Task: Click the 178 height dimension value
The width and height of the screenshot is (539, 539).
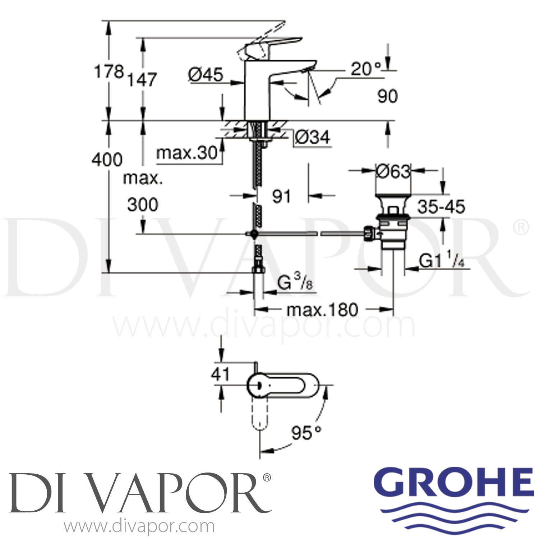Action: [109, 72]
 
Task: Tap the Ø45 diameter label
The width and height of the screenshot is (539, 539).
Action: [206, 75]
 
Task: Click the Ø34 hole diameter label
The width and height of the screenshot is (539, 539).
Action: [312, 137]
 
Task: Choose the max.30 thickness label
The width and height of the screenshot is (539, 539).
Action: [187, 153]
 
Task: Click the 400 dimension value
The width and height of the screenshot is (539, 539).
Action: [107, 159]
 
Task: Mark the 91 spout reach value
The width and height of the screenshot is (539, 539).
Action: [281, 196]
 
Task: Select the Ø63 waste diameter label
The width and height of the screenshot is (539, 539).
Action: [393, 171]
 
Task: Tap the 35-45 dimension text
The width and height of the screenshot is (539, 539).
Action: [442, 207]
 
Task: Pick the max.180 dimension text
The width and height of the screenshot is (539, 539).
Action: [322, 309]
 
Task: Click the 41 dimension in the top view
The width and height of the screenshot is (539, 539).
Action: [220, 374]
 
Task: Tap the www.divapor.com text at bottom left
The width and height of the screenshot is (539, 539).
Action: [139, 527]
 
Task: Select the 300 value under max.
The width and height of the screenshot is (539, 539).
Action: [143, 205]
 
